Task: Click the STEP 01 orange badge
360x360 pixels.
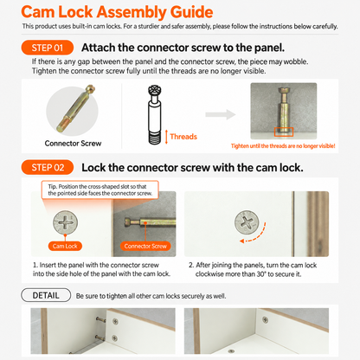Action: [48, 48]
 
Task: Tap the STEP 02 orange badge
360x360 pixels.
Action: [48, 167]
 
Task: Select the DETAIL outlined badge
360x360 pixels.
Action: [46, 295]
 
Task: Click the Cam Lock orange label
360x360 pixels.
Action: [65, 246]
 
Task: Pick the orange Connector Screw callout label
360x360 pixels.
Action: [145, 246]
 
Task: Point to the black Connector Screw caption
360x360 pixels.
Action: [73, 144]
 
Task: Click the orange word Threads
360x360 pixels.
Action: [183, 137]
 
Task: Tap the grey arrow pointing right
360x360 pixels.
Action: [221, 114]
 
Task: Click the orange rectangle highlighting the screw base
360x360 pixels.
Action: [284, 132]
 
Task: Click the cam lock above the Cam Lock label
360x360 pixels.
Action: [65, 222]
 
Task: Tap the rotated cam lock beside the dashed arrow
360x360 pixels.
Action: [247, 222]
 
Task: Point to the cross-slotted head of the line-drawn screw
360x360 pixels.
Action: [155, 90]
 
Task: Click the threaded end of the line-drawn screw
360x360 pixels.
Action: [155, 138]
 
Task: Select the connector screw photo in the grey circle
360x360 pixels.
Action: [76, 107]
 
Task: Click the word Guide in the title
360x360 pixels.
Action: [191, 12]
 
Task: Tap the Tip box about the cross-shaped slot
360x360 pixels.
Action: [100, 190]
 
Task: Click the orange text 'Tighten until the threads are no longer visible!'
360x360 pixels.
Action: [283, 146]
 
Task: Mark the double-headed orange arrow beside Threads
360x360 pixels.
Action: [166, 137]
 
